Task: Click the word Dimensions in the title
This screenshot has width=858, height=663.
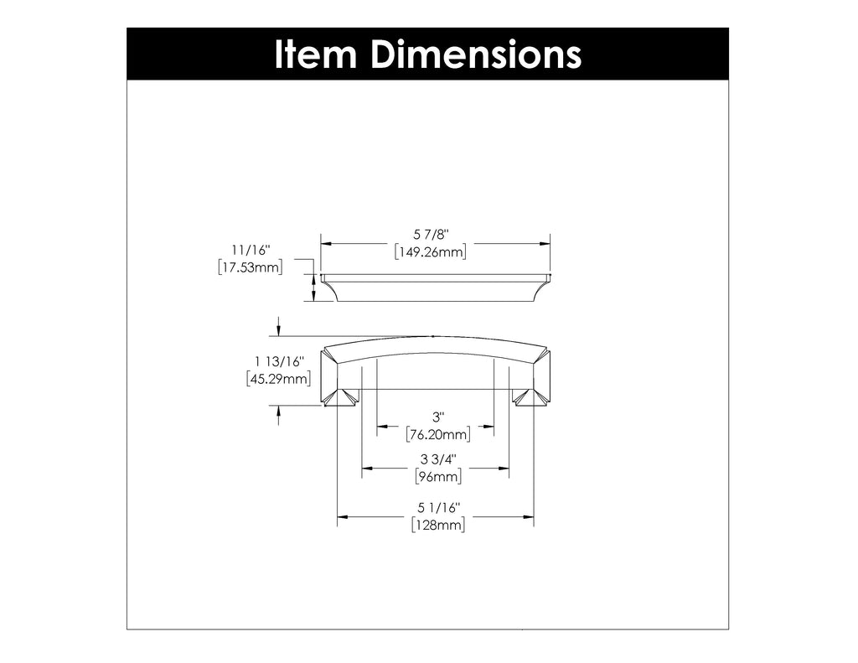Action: pyautogui.click(x=476, y=54)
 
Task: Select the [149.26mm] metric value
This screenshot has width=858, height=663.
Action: pyautogui.click(x=430, y=252)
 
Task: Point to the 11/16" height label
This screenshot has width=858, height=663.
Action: pyautogui.click(x=251, y=251)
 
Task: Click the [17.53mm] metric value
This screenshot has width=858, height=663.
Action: pyautogui.click(x=251, y=267)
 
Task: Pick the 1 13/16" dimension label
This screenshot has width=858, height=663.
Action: pyautogui.click(x=280, y=361)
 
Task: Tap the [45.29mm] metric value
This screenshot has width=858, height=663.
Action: pyautogui.click(x=280, y=379)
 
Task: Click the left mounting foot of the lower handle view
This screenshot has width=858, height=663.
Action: pyautogui.click(x=342, y=396)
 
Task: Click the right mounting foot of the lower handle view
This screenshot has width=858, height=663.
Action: pyautogui.click(x=530, y=396)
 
